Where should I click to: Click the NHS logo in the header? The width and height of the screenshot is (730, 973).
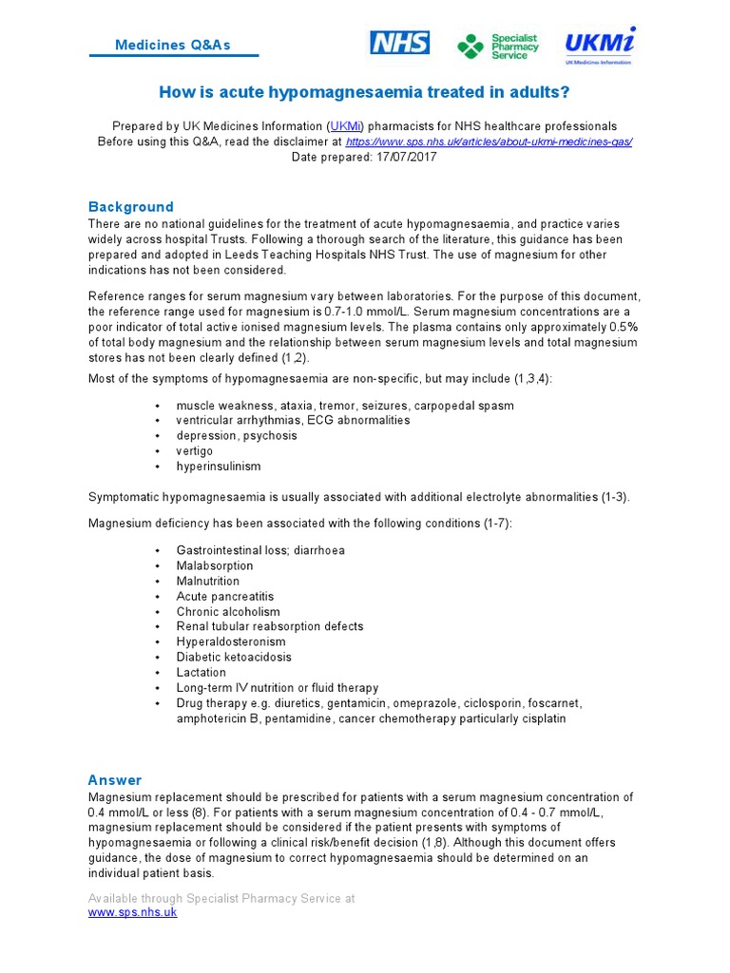click(x=399, y=43)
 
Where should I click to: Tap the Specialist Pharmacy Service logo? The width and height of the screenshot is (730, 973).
click(x=498, y=46)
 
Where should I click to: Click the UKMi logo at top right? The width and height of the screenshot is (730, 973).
click(x=600, y=45)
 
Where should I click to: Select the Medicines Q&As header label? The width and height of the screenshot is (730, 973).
click(x=172, y=46)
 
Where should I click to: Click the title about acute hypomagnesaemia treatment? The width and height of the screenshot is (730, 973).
click(x=365, y=92)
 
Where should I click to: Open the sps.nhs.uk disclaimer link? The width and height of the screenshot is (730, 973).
click(x=489, y=142)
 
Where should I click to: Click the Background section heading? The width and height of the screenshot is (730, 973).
click(x=131, y=207)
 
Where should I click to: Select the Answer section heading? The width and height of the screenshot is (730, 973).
click(x=115, y=780)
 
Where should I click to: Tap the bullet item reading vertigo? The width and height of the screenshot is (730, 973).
click(x=195, y=451)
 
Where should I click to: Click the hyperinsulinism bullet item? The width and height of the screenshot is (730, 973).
click(x=218, y=467)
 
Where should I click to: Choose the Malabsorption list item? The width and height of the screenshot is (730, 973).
click(x=215, y=565)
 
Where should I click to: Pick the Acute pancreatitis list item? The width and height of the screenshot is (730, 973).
click(x=224, y=596)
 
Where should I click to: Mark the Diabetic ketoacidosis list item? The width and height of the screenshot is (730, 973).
click(x=234, y=657)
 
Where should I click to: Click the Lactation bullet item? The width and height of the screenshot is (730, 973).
click(x=202, y=672)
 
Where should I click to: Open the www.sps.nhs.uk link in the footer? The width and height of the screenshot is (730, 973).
click(x=132, y=912)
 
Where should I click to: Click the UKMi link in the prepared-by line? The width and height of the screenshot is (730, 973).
click(x=346, y=126)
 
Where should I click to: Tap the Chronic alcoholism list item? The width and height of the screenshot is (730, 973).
click(x=228, y=611)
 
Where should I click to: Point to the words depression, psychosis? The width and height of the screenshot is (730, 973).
click(x=237, y=436)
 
